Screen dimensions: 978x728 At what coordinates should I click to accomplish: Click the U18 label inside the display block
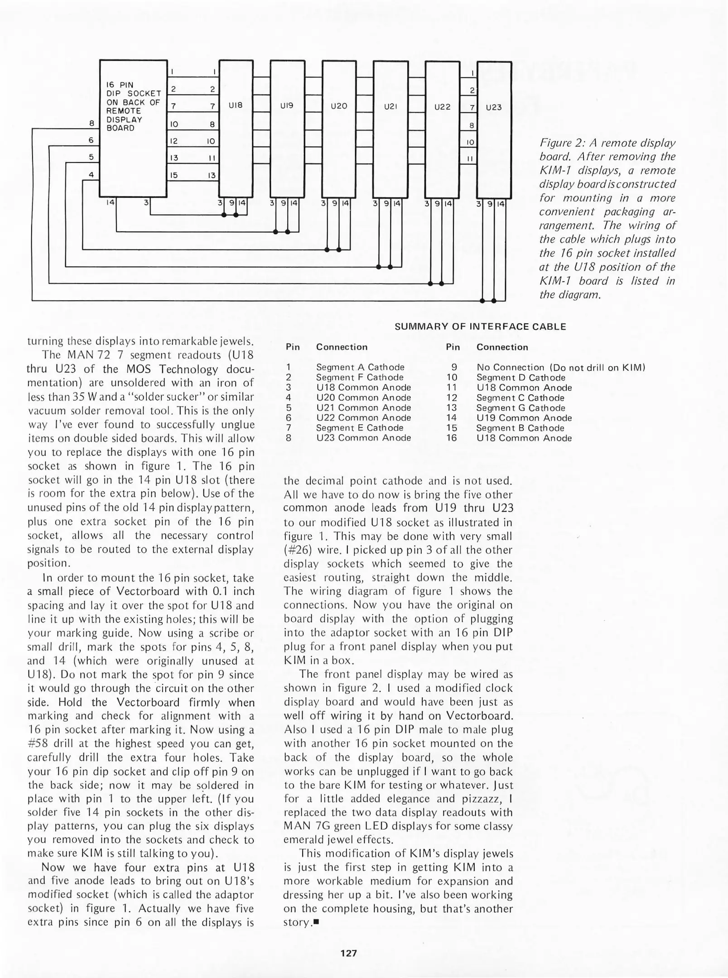[x=236, y=105]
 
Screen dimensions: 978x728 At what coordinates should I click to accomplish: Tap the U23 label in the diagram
[x=494, y=107]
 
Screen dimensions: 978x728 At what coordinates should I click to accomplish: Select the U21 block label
[x=391, y=107]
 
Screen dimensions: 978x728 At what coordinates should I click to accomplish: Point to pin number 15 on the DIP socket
[x=174, y=175]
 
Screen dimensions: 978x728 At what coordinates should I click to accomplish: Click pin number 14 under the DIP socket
[x=110, y=203]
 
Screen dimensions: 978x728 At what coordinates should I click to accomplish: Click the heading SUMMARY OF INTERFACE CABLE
[x=480, y=326]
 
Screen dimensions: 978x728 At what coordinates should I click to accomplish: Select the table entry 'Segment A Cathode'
[x=360, y=367]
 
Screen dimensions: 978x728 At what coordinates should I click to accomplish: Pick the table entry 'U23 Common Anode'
[x=363, y=438]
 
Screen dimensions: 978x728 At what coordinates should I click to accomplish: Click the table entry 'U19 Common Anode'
[x=524, y=418]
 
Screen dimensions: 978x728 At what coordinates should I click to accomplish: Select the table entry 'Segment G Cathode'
[x=521, y=408]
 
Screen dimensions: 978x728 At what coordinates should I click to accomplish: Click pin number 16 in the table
[x=452, y=438]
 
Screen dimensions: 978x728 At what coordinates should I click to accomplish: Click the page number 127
[x=348, y=953]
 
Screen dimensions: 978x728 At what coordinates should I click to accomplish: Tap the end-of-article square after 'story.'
[x=316, y=922]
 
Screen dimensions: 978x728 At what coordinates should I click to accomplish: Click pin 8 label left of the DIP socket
[x=92, y=123]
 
